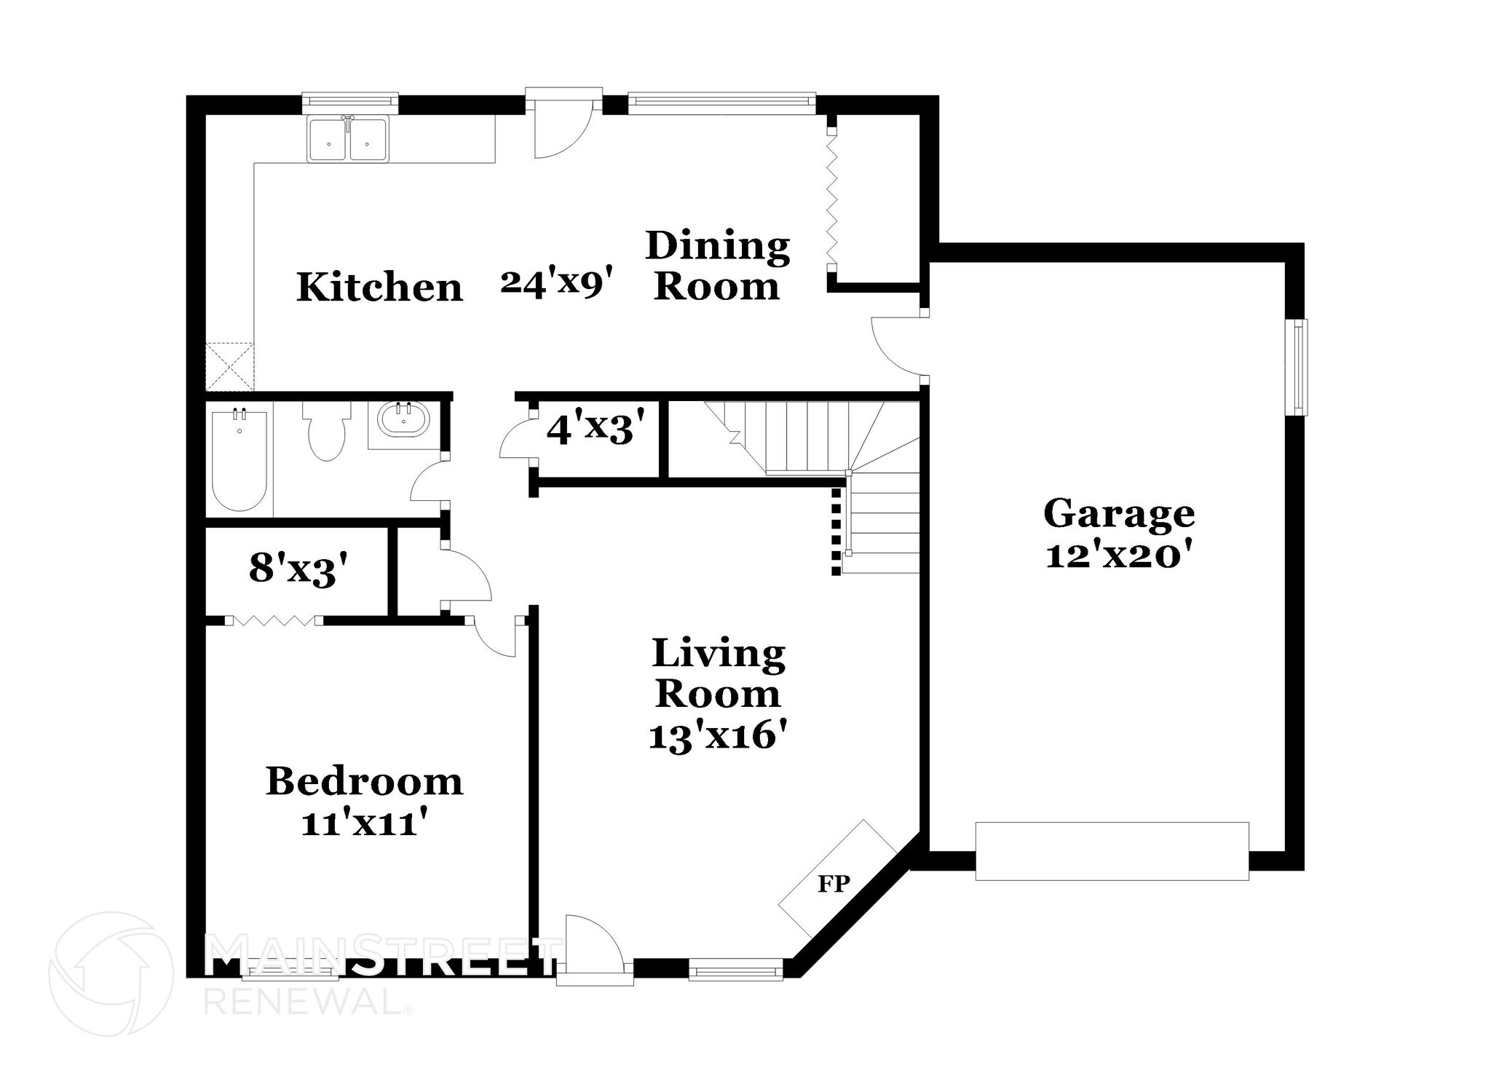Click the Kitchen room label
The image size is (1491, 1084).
click(379, 288)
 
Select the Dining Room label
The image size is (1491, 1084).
click(717, 266)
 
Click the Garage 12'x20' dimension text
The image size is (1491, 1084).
click(1119, 556)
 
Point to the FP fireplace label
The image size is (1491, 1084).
click(834, 884)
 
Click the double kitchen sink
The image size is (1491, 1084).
click(347, 140)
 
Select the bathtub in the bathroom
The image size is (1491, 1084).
click(239, 461)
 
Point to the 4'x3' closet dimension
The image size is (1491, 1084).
click(596, 429)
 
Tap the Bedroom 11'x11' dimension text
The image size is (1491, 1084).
click(363, 823)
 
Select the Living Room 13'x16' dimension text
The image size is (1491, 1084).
click(718, 736)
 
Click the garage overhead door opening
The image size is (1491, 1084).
click(1112, 851)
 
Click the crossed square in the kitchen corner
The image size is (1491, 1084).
click(229, 368)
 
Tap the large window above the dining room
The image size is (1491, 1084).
click(721, 103)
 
